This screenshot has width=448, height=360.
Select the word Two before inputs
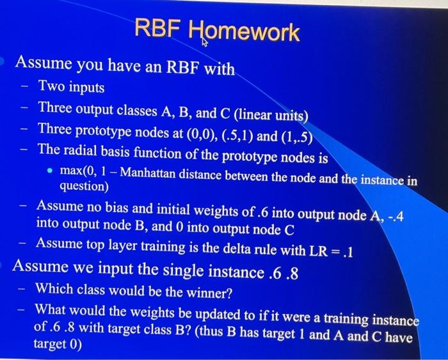click(51, 86)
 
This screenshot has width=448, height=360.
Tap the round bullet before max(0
click(49, 172)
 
